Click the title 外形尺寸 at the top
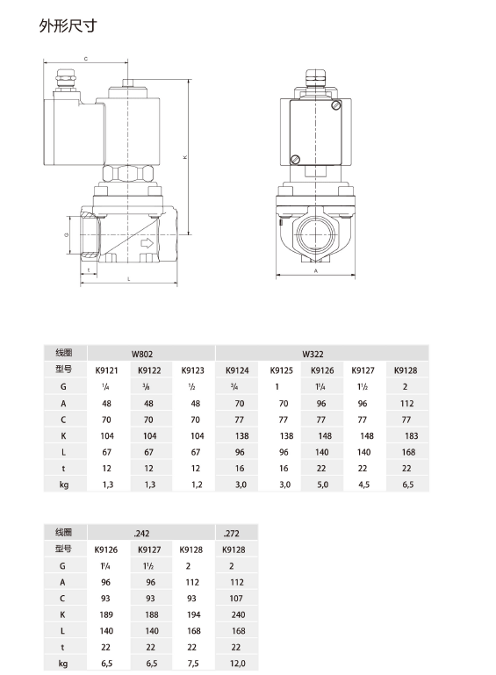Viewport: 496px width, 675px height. (67, 25)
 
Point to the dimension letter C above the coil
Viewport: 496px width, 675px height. (85, 59)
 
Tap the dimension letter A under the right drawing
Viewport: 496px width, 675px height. (315, 272)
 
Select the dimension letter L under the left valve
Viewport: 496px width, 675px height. (129, 278)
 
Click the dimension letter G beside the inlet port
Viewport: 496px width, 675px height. (67, 236)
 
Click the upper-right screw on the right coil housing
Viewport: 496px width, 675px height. (336, 107)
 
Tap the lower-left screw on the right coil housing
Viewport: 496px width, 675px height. (296, 159)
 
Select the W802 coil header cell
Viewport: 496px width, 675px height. (142, 354)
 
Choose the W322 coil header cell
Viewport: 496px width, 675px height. (313, 354)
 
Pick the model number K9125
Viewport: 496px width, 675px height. (282, 370)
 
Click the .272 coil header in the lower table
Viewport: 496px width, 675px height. (232, 533)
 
